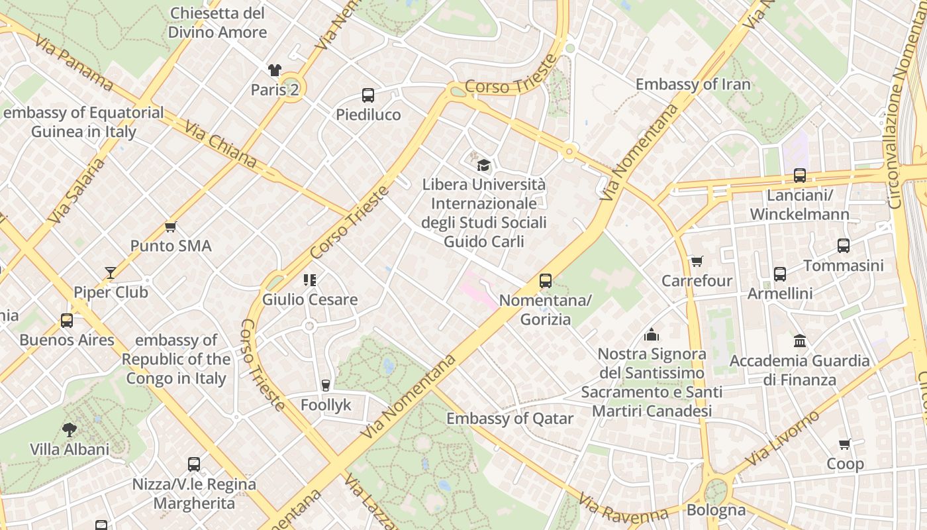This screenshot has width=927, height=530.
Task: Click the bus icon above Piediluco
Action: [x=368, y=95]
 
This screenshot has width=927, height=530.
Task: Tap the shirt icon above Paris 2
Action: [x=275, y=70]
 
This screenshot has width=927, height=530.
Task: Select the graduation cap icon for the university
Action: [x=484, y=165]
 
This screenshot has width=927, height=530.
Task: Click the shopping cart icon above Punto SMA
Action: [x=171, y=227]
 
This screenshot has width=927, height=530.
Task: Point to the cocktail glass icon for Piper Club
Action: [x=111, y=272]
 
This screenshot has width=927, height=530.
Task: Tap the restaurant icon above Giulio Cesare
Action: [x=309, y=280]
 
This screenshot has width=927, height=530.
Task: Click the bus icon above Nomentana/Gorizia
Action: [x=545, y=281]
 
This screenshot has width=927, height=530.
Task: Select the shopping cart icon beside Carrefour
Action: [x=697, y=261]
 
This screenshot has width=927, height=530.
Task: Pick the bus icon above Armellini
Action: [x=780, y=274]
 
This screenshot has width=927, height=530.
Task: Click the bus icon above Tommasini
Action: [x=844, y=246]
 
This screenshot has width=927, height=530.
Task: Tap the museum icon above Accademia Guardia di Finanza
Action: [x=799, y=341]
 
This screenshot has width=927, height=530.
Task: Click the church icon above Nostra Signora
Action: [x=652, y=335]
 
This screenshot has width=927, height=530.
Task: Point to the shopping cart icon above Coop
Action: [x=845, y=444]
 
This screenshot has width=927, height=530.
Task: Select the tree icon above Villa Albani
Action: [x=69, y=430]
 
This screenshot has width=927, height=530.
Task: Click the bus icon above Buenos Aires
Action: [x=67, y=321]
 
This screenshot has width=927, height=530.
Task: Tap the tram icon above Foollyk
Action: [x=325, y=385]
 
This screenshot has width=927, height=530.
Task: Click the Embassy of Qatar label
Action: [x=510, y=419]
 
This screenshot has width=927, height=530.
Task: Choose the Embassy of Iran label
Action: [x=693, y=84]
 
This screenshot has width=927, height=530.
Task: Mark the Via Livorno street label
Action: [x=782, y=438]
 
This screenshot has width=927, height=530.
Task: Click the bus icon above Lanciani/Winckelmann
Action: [x=800, y=176]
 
